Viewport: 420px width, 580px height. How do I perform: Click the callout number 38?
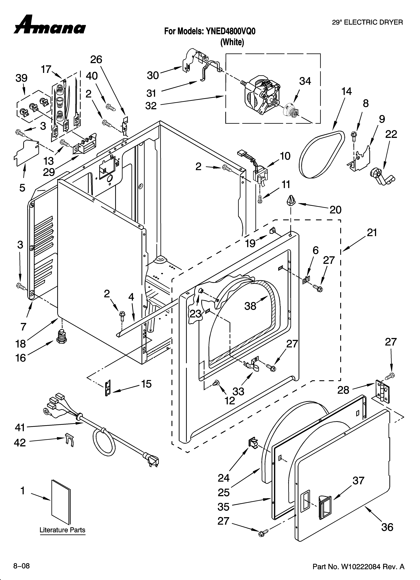click(x=250, y=306)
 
